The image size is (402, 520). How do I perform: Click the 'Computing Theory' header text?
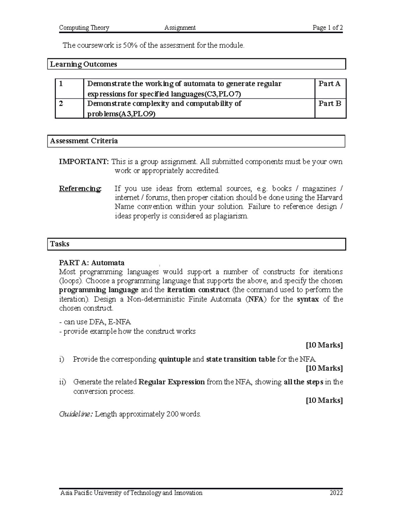pyautogui.click(x=84, y=28)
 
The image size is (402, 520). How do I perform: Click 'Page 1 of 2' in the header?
pyautogui.click(x=327, y=28)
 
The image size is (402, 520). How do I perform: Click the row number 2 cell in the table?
pyautogui.click(x=61, y=103)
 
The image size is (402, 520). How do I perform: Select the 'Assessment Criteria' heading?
pyautogui.click(x=84, y=141)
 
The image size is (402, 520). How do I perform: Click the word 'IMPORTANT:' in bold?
pyautogui.click(x=84, y=162)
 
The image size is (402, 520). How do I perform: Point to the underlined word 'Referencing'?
pyautogui.click(x=80, y=189)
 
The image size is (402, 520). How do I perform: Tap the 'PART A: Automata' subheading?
pyautogui.click(x=91, y=263)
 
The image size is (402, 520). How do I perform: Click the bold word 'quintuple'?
pyautogui.click(x=175, y=359)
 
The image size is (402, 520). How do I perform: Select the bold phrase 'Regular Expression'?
pyautogui.click(x=172, y=382)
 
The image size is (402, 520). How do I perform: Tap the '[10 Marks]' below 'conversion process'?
pyautogui.click(x=324, y=400)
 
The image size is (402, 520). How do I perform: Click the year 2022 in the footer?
pyautogui.click(x=336, y=493)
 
